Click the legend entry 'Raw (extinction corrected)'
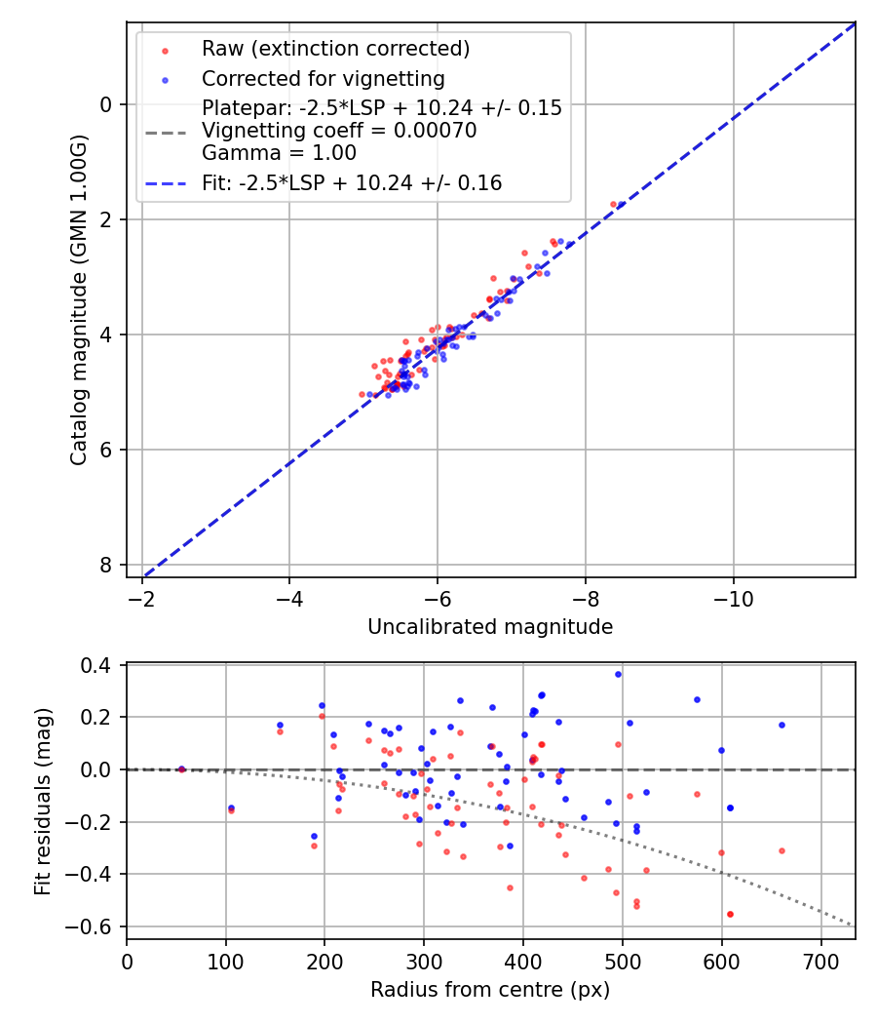335,49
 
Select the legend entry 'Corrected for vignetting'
323,78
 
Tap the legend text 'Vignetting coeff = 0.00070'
339,131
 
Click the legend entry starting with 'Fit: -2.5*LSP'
352,182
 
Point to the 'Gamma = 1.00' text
279,153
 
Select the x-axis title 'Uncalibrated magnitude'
490,627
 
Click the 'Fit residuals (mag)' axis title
42,802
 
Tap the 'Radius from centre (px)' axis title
490,990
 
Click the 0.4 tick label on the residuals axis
100,665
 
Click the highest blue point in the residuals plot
618,674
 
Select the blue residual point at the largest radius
782,725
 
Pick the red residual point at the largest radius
782,850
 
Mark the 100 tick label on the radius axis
226,960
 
